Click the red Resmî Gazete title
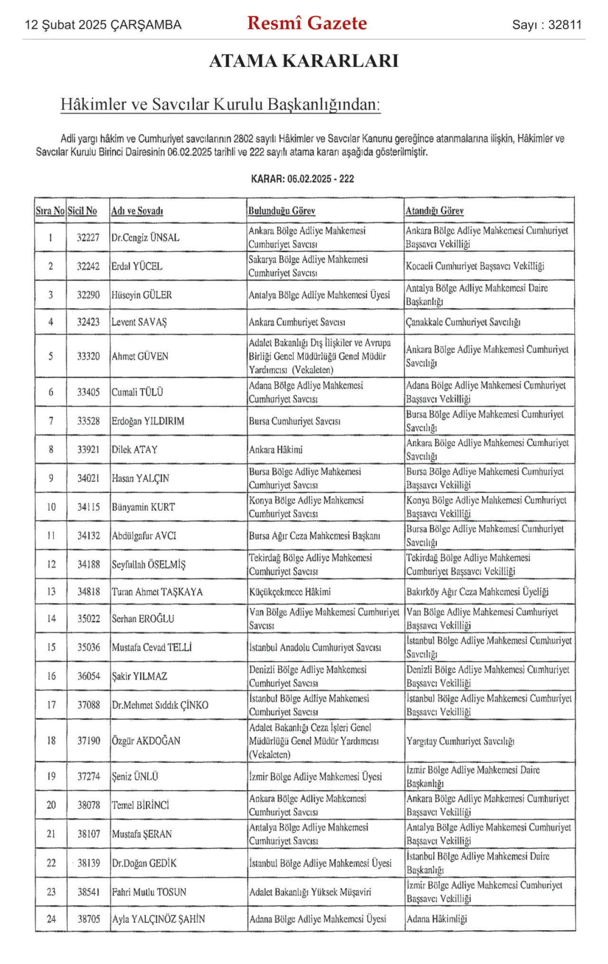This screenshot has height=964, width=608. pos(307,23)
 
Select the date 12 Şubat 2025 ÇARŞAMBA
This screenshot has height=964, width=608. pos(103,25)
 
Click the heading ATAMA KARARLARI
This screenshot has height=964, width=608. pos(304,61)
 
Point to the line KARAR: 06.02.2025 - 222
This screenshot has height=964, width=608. pos(303,179)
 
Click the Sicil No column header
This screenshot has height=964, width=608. pos(82,211)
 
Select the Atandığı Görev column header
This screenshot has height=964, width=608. pos(434,211)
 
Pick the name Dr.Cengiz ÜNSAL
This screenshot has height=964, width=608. pos(145,237)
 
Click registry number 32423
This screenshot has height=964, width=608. pos(88,322)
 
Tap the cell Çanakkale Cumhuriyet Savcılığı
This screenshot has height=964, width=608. pos(463,322)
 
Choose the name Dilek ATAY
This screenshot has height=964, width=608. pos(134,450)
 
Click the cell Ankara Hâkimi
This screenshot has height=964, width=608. pos(276,450)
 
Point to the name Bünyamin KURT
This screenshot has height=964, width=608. pos(143,507)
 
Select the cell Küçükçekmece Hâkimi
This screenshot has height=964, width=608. pos(290,592)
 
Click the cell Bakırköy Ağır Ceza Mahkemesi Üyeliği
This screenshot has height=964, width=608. pos(477,592)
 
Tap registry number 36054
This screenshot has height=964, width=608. pos(89,676)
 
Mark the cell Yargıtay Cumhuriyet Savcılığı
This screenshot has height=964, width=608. pos(460,741)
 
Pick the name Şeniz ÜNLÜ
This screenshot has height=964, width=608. pos(135,776)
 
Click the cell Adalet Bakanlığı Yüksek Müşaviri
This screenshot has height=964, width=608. pos(310,892)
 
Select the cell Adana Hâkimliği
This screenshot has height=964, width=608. pos(437,919)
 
